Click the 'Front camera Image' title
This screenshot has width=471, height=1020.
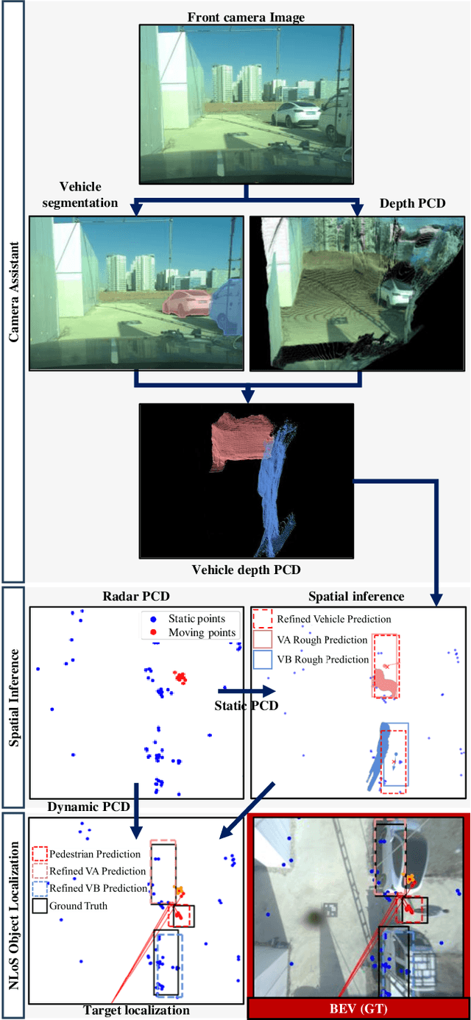tap(246, 16)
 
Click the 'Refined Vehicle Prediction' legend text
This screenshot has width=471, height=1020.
tap(333, 619)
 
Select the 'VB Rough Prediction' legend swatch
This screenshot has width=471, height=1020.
tap(262, 659)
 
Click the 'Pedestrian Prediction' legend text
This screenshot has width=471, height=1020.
tap(95, 854)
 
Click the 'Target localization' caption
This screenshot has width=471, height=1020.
tap(136, 1010)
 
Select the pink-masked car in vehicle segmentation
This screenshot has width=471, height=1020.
tap(186, 302)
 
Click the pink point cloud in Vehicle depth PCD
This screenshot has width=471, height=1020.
tap(239, 439)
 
